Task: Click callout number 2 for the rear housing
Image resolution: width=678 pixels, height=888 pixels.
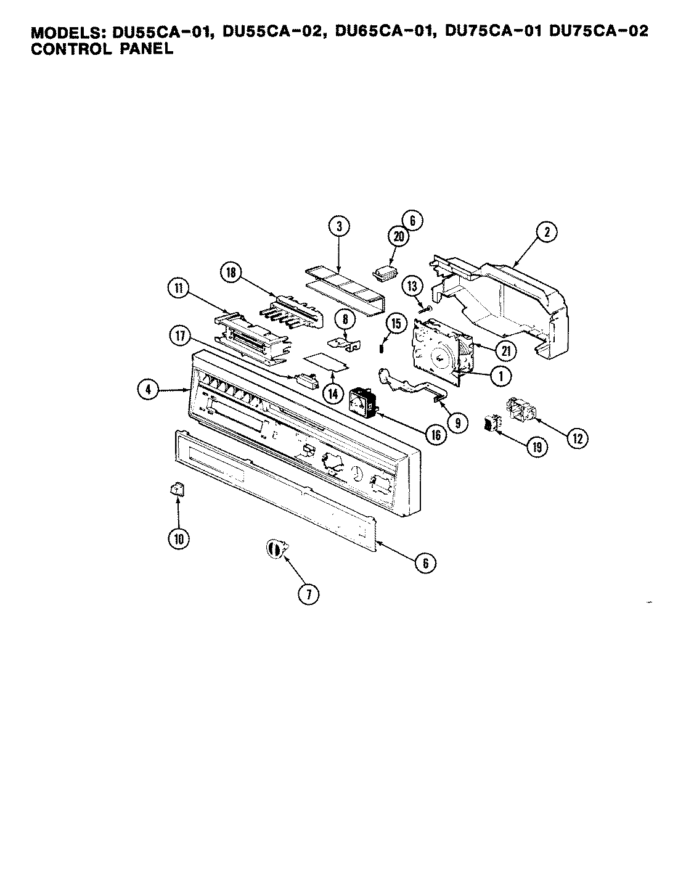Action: [546, 232]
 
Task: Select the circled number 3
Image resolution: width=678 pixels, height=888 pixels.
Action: [339, 227]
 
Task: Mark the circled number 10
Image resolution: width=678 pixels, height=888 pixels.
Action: [178, 538]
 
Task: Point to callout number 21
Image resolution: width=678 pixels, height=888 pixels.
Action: [506, 350]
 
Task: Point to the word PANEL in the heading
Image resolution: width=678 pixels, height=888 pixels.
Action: [145, 49]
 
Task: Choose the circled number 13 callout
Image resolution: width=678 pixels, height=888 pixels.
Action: [412, 286]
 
